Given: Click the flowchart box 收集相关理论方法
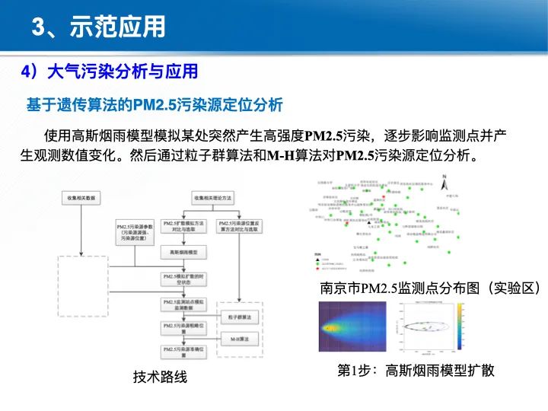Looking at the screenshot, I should [x=215, y=198].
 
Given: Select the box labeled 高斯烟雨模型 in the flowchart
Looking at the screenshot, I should [x=183, y=251].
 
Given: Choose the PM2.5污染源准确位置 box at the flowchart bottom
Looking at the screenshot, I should [x=182, y=350].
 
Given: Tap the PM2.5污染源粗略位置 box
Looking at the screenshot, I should [x=182, y=328].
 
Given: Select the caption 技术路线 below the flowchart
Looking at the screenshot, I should [x=159, y=377].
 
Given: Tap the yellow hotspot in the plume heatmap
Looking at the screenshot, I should [x=333, y=328].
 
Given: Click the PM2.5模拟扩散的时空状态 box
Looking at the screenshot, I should [x=182, y=278].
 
